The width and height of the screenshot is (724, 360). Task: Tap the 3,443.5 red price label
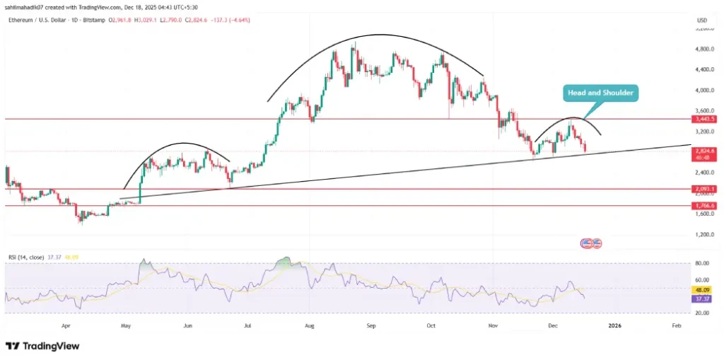[x=703, y=120]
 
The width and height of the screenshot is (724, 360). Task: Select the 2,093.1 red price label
[x=703, y=189]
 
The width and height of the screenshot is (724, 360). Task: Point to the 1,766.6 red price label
[x=703, y=206]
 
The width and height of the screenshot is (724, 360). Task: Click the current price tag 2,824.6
[x=703, y=151]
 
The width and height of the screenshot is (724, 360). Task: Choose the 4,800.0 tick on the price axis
[x=703, y=50]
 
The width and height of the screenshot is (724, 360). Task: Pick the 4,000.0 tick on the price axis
[x=703, y=91]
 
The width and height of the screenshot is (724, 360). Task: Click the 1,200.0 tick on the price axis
[x=703, y=234]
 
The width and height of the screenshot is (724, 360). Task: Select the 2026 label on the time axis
[x=615, y=325]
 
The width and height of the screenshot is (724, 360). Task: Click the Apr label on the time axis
[x=66, y=325]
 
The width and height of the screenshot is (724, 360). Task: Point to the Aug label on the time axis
[x=309, y=325]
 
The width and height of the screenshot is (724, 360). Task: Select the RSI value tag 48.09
[x=702, y=290]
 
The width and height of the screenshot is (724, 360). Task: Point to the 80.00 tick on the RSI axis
[x=702, y=263]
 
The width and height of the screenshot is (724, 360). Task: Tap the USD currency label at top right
[x=702, y=20]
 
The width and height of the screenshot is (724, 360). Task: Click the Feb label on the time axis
[x=677, y=325]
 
